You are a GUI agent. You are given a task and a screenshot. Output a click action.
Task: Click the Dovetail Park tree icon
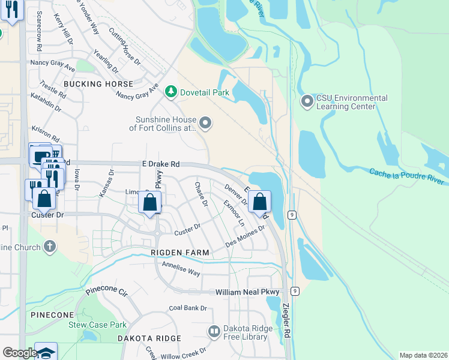(171, 91)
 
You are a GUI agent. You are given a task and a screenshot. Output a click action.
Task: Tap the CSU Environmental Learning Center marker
(307, 101)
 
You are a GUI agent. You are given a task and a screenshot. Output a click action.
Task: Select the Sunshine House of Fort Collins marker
(206, 124)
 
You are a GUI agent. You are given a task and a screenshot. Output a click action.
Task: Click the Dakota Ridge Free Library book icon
(214, 331)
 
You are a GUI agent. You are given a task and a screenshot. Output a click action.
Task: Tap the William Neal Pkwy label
(248, 292)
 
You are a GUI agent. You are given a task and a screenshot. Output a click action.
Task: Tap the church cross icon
(50, 247)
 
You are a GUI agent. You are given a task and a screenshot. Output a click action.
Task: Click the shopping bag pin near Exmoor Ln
(259, 202)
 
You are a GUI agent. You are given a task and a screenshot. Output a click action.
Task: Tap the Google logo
(19, 353)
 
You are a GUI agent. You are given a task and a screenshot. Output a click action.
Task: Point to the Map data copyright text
(423, 355)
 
